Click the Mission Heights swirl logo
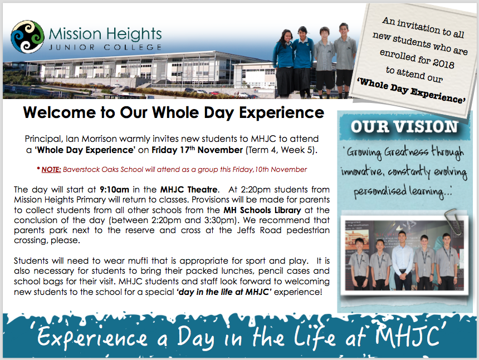coord(27,37)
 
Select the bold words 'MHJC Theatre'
coord(189,189)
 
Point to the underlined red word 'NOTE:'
coord(51,170)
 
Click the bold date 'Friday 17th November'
coord(197,150)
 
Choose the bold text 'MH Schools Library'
coord(262,210)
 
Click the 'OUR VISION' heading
coord(404,127)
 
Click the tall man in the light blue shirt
coord(403,261)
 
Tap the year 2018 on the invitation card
coord(443,62)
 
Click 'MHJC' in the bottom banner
coord(408,336)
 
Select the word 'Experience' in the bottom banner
coord(92,337)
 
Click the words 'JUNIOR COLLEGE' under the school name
coord(105,47)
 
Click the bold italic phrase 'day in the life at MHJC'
coord(223,292)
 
